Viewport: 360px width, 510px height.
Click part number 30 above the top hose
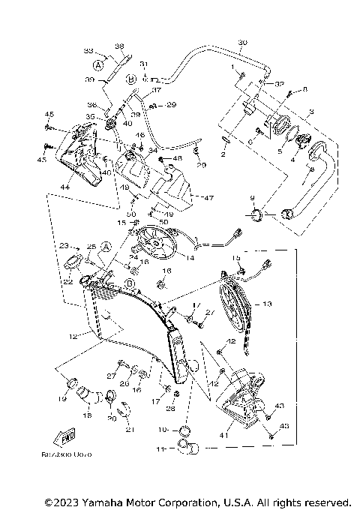tap(242, 42)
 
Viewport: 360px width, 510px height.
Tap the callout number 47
tap(208, 198)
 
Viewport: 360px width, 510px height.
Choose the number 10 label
tap(163, 430)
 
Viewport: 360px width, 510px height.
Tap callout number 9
tap(253, 198)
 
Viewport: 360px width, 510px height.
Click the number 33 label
tap(88, 50)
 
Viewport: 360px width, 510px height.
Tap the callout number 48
tap(177, 159)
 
